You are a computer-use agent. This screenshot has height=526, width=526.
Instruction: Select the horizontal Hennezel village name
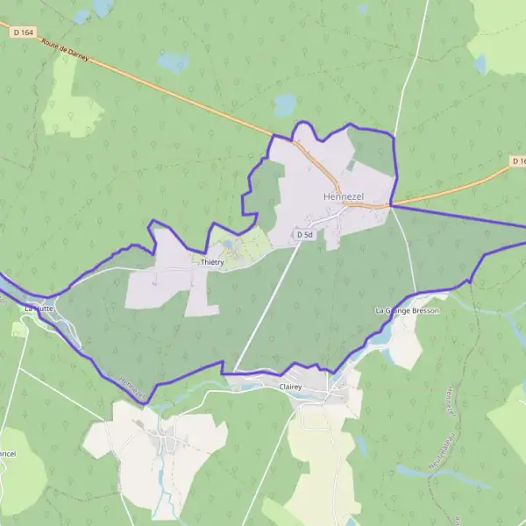(x=342, y=196)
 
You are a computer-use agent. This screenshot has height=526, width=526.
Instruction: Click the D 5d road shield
(x=304, y=235)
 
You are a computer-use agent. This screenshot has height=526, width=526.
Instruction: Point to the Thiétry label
(x=212, y=262)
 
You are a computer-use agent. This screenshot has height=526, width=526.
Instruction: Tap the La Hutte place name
(x=39, y=309)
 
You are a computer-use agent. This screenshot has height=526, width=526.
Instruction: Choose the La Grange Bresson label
(x=407, y=310)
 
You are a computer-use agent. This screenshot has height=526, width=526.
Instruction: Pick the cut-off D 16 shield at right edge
(x=518, y=161)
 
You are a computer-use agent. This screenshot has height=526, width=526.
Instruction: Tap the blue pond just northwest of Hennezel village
(x=286, y=106)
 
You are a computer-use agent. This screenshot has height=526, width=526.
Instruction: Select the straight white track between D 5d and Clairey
(x=267, y=307)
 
